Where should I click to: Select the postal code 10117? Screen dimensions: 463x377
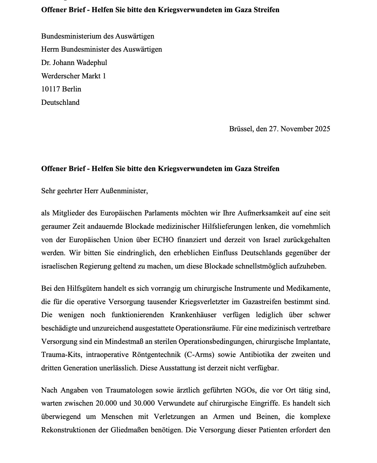click(50, 89)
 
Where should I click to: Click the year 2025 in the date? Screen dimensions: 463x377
click(322, 129)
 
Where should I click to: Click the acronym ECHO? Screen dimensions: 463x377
click(163, 240)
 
